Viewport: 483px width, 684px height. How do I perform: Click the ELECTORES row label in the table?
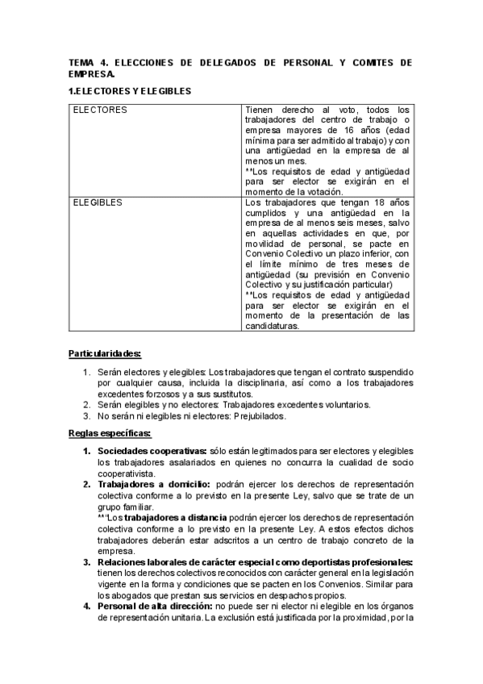point(100,109)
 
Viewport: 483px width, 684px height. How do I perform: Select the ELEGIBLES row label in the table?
point(98,202)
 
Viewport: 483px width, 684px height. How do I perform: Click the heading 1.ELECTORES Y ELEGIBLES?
point(129,91)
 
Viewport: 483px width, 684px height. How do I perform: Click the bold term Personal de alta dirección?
point(156,607)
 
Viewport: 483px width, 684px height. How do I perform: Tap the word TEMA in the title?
point(81,62)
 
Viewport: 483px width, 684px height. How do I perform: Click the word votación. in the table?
point(322,192)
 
